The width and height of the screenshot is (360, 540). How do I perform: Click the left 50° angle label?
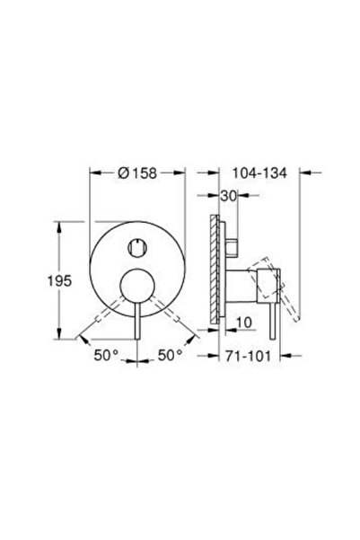105,357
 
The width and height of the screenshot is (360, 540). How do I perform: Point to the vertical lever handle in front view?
137,319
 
